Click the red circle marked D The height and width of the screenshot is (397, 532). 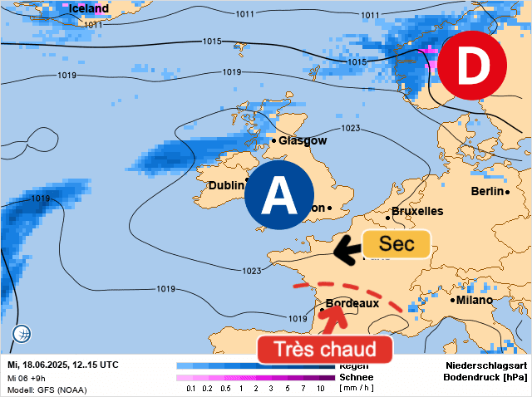(x=471, y=66)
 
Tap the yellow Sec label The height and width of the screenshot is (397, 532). (x=397, y=244)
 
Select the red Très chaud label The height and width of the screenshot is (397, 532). (x=324, y=349)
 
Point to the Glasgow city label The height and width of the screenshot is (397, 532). (x=303, y=140)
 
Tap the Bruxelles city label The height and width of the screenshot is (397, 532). (x=417, y=212)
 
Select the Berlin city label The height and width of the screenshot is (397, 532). (x=487, y=191)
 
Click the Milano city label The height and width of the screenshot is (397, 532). (x=475, y=300)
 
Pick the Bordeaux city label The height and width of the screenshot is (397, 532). (x=352, y=304)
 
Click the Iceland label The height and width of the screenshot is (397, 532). (x=89, y=9)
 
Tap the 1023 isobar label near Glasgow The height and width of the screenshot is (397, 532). (x=350, y=129)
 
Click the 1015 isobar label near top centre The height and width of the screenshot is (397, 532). (x=211, y=42)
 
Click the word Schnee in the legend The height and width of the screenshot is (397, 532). (x=355, y=377)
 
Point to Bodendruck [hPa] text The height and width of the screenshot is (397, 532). (x=486, y=377)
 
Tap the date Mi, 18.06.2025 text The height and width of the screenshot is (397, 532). (x=43, y=365)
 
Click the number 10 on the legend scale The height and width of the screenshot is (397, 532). (x=320, y=389)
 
